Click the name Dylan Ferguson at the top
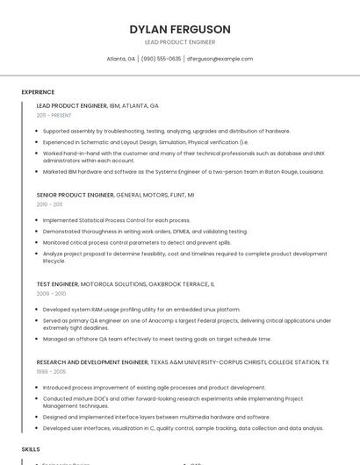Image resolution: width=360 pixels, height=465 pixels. (x=179, y=29)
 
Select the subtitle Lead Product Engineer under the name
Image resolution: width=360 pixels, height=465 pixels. (x=179, y=42)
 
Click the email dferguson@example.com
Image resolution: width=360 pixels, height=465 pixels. (x=220, y=59)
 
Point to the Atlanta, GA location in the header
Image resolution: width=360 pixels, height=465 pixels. (x=120, y=59)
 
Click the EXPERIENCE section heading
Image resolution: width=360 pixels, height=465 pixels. (x=38, y=92)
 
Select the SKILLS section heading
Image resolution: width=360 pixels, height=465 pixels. (x=31, y=448)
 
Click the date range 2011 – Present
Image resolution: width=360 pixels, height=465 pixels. (x=54, y=115)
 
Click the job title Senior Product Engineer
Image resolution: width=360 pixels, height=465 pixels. (x=76, y=195)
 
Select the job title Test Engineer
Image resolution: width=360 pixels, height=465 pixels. (x=57, y=284)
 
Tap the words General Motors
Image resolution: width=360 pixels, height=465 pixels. (x=143, y=195)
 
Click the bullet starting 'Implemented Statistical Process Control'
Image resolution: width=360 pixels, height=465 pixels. (x=117, y=220)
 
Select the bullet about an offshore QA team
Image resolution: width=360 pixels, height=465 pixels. (x=157, y=339)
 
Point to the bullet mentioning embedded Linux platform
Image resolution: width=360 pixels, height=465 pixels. (x=141, y=310)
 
